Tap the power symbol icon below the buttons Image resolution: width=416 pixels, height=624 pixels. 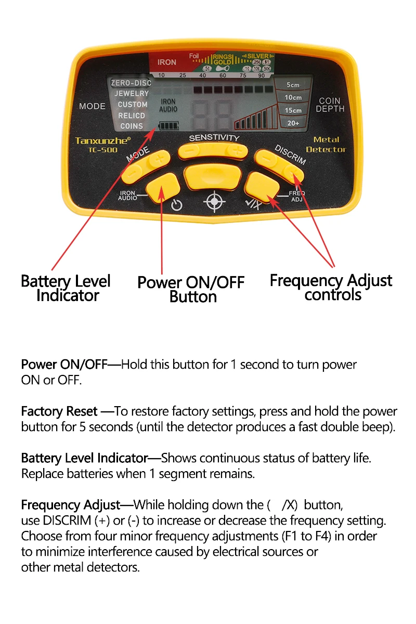tap(177, 205)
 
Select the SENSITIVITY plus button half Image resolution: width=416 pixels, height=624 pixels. tap(238, 151)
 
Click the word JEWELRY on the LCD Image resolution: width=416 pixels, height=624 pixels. tap(132, 94)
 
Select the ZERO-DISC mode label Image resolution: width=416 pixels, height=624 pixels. tap(131, 83)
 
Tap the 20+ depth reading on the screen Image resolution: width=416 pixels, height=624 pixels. tap(293, 123)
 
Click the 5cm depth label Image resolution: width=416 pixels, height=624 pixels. tap(293, 85)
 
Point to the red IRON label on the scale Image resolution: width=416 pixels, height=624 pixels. tap(167, 62)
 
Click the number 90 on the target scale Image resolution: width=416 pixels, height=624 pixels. tap(262, 76)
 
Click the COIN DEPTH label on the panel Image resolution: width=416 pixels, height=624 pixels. tap(330, 105)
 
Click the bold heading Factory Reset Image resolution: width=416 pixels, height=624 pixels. tap(59, 411)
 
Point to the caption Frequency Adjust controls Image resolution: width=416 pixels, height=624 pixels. tap(331, 288)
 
